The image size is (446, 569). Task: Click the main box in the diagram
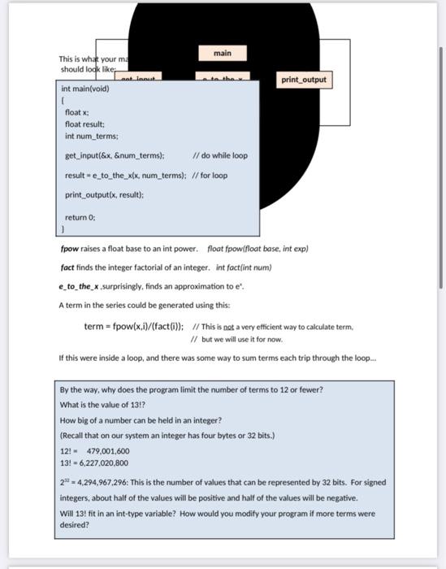[x=223, y=53]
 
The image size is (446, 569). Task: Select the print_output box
[x=303, y=80]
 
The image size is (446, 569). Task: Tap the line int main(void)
[x=86, y=89]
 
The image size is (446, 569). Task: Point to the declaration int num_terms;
[x=91, y=136]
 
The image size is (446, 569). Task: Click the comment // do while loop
[x=220, y=155]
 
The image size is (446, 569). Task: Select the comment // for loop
[x=210, y=175]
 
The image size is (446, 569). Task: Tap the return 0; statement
[x=80, y=217]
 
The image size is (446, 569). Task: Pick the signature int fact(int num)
[x=244, y=267]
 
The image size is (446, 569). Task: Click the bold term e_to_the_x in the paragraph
[x=78, y=286]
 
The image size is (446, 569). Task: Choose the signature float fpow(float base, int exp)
[x=258, y=248]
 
